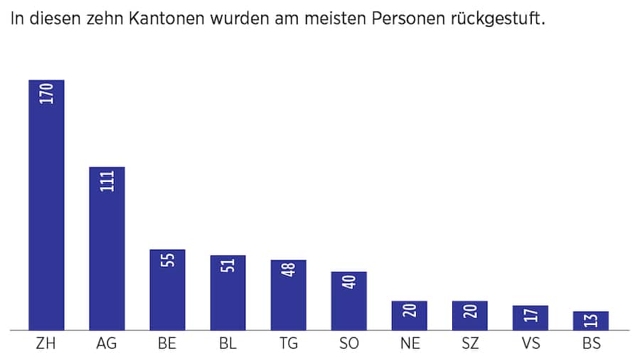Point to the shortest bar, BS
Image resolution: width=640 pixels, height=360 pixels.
[591, 322]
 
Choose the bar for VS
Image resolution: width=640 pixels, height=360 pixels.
[530, 319]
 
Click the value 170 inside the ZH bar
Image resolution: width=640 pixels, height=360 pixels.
[47, 94]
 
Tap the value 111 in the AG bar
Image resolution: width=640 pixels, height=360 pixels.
[107, 181]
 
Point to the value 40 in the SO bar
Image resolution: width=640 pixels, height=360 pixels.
[349, 282]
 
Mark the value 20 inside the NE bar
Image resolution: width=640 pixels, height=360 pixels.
[410, 311]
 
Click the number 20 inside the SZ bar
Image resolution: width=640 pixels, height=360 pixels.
[470, 311]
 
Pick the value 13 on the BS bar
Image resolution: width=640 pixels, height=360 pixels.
[591, 322]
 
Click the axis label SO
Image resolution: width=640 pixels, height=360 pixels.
[349, 344]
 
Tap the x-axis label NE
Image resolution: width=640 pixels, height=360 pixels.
[410, 344]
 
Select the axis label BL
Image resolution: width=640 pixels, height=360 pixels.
[228, 344]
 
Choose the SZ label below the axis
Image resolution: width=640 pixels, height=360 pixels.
[470, 344]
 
